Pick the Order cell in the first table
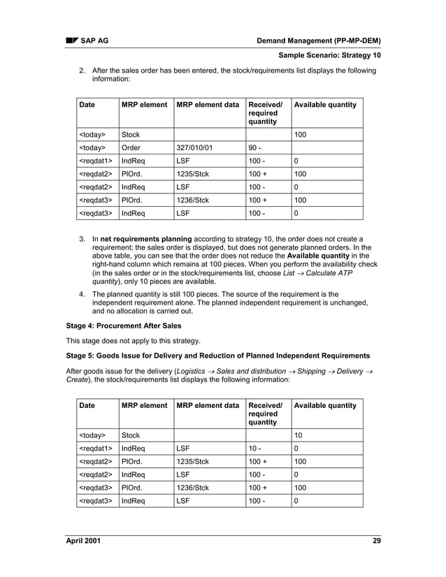(132, 148)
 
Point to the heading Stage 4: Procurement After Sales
(123, 326)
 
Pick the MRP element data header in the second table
(208, 405)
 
